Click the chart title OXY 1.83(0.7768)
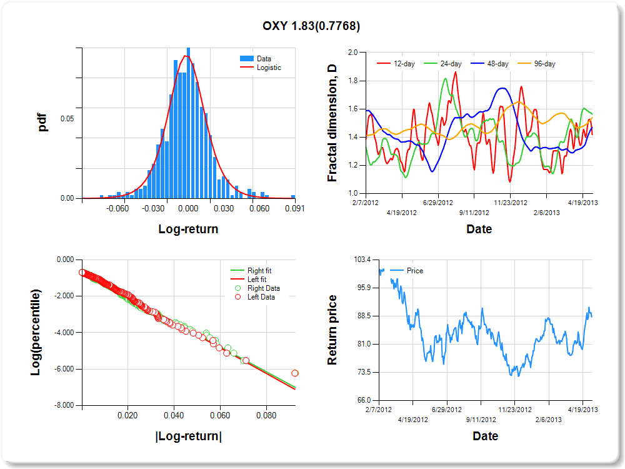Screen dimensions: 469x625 pos(311,26)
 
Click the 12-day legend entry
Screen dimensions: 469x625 pos(401,64)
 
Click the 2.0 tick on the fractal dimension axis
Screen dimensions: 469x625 pos(352,53)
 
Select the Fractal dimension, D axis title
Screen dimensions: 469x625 pos(332,123)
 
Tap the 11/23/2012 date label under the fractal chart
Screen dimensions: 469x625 pos(511,203)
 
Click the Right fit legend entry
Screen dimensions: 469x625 pos(259,271)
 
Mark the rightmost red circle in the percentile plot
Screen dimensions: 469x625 pos(295,373)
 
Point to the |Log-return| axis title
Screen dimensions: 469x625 pos(188,436)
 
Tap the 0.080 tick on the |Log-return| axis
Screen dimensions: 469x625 pos(267,415)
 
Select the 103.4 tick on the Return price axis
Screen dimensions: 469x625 pos(363,260)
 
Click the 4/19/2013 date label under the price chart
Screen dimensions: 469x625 pos(582,410)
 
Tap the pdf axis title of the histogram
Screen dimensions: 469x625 pos(43,123)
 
